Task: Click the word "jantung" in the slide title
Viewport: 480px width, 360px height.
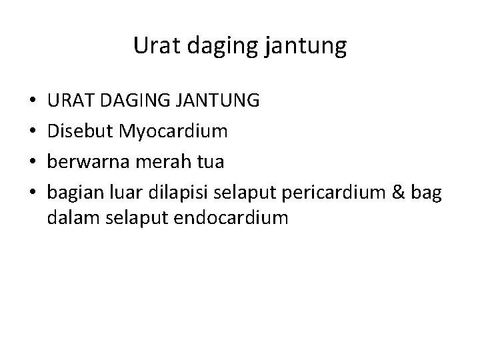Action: (310, 47)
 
